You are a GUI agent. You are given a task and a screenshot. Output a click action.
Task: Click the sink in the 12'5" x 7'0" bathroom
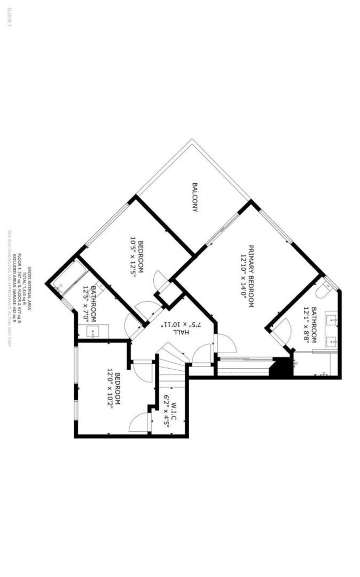(93, 331)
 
